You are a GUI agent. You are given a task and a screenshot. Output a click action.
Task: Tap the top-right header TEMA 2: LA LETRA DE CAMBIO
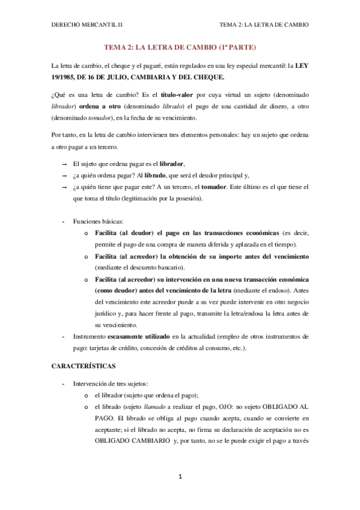[264, 25]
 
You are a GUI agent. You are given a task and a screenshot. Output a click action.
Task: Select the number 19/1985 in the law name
[64, 77]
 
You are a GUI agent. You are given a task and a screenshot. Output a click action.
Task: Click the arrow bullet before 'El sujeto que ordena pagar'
[64, 164]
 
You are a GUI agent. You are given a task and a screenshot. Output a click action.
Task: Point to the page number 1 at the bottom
[180, 477]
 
